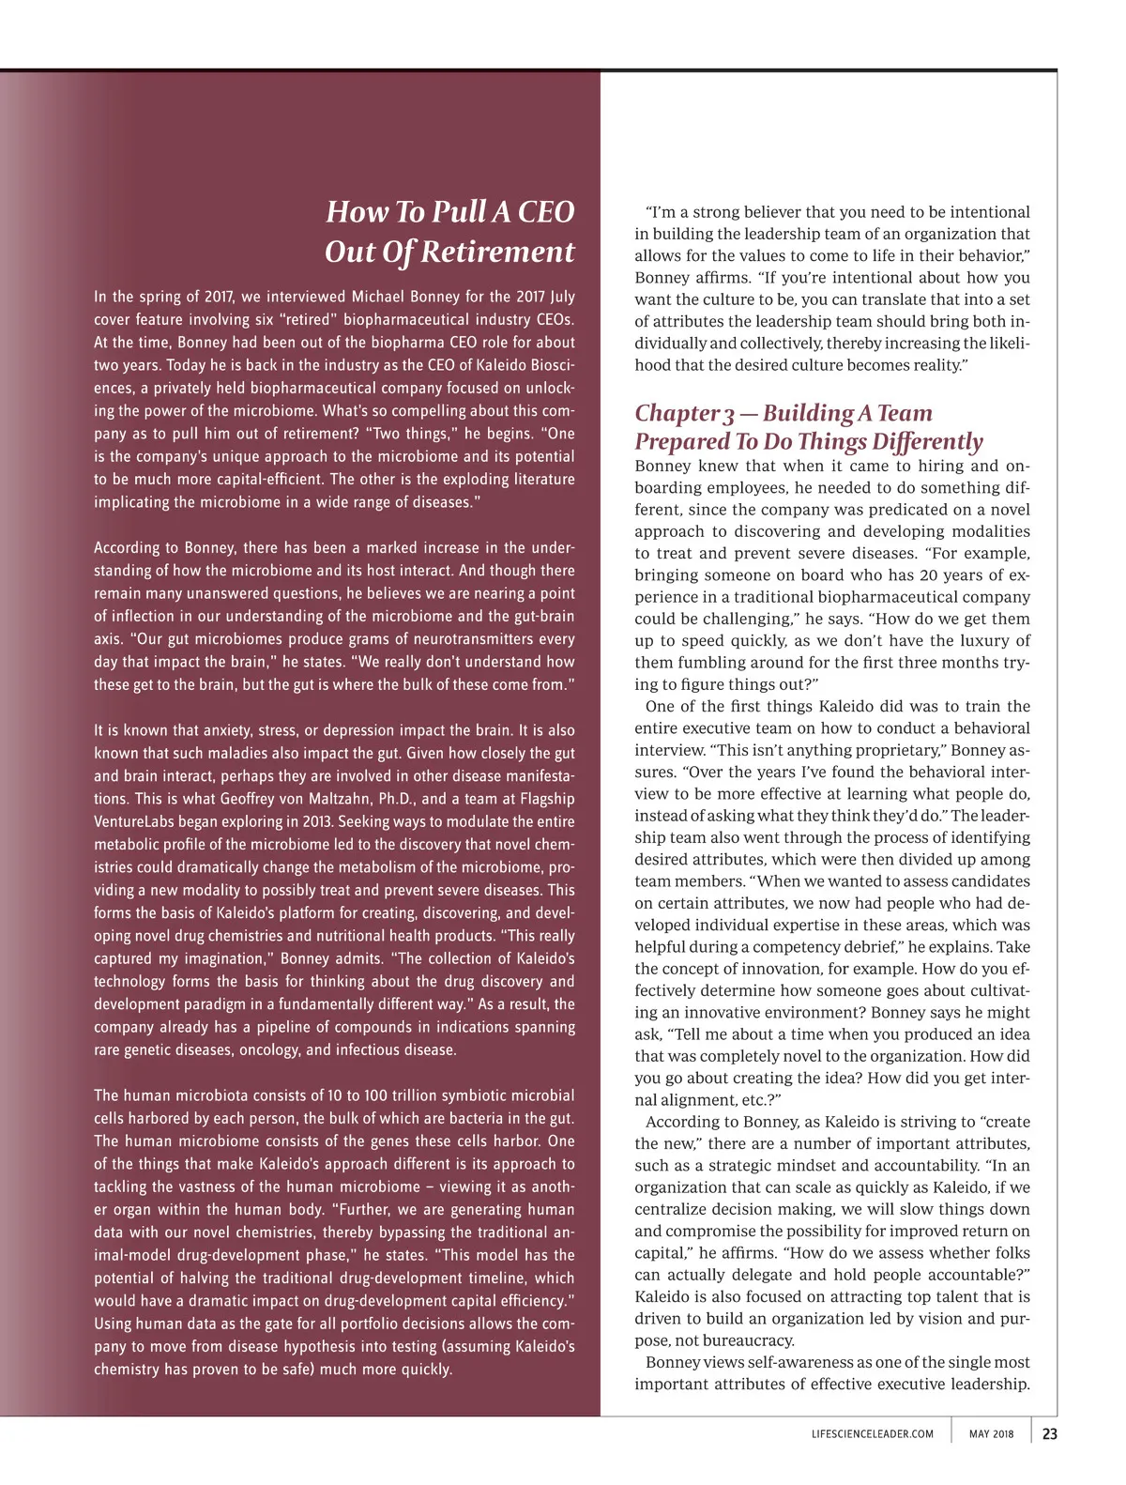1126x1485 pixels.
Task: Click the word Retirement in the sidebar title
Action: coord(496,252)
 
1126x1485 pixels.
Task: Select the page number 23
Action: coord(1049,1433)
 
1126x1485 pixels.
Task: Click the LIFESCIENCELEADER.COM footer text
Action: coord(873,1434)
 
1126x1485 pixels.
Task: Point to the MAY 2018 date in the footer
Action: coord(991,1434)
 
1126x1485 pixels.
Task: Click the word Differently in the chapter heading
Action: coord(927,442)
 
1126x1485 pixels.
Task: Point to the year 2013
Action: coord(318,821)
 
